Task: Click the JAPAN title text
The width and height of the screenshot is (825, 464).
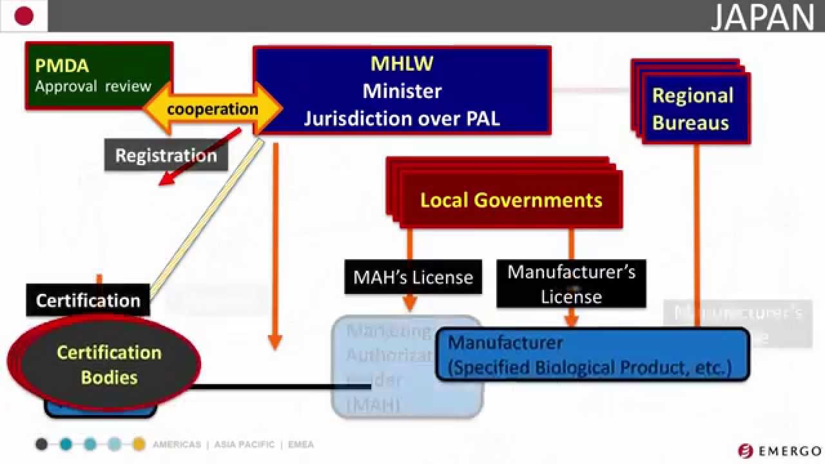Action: pyautogui.click(x=762, y=17)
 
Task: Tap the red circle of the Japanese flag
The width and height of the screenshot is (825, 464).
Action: pyautogui.click(x=24, y=16)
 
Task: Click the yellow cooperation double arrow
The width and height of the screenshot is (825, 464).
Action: pyautogui.click(x=212, y=109)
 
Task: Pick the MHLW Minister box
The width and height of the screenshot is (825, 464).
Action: pyautogui.click(x=402, y=90)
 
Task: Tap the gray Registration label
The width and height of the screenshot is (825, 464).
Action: pyautogui.click(x=166, y=155)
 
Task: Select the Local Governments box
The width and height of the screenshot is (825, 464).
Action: pyautogui.click(x=510, y=200)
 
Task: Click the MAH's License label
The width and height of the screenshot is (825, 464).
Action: pyautogui.click(x=413, y=277)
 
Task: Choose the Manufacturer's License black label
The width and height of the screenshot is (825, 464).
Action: pyautogui.click(x=571, y=284)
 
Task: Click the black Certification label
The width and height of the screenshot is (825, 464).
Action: pyautogui.click(x=88, y=300)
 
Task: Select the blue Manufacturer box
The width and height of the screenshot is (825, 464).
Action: pyautogui.click(x=592, y=355)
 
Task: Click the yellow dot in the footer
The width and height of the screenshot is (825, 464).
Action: pyautogui.click(x=139, y=444)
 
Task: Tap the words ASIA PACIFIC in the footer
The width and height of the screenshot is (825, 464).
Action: pyautogui.click(x=244, y=445)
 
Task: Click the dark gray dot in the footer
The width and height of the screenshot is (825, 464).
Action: pyautogui.click(x=42, y=444)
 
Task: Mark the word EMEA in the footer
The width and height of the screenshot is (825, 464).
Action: pyautogui.click(x=300, y=445)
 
